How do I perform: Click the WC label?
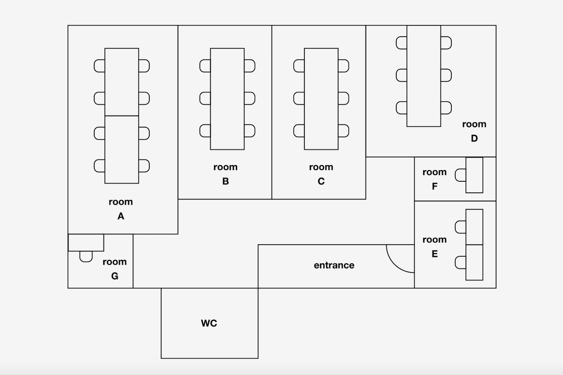point(209,323)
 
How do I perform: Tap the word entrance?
point(334,265)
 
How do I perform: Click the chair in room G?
point(86,257)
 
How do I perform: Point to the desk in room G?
point(86,242)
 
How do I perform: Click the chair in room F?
point(461,175)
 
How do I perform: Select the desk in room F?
point(474,175)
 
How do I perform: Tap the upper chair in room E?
point(461,227)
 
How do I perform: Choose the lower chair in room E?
point(461,262)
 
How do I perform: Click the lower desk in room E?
point(474,262)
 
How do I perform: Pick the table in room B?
point(227,99)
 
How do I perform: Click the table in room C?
point(321,99)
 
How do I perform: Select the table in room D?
point(424,76)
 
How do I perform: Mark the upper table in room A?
point(122,82)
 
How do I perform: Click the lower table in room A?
point(122,150)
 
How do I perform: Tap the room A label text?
point(121,209)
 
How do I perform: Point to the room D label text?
point(474,131)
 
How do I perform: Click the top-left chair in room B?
point(205,66)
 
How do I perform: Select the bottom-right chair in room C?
point(344,131)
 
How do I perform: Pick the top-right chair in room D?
point(446,43)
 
